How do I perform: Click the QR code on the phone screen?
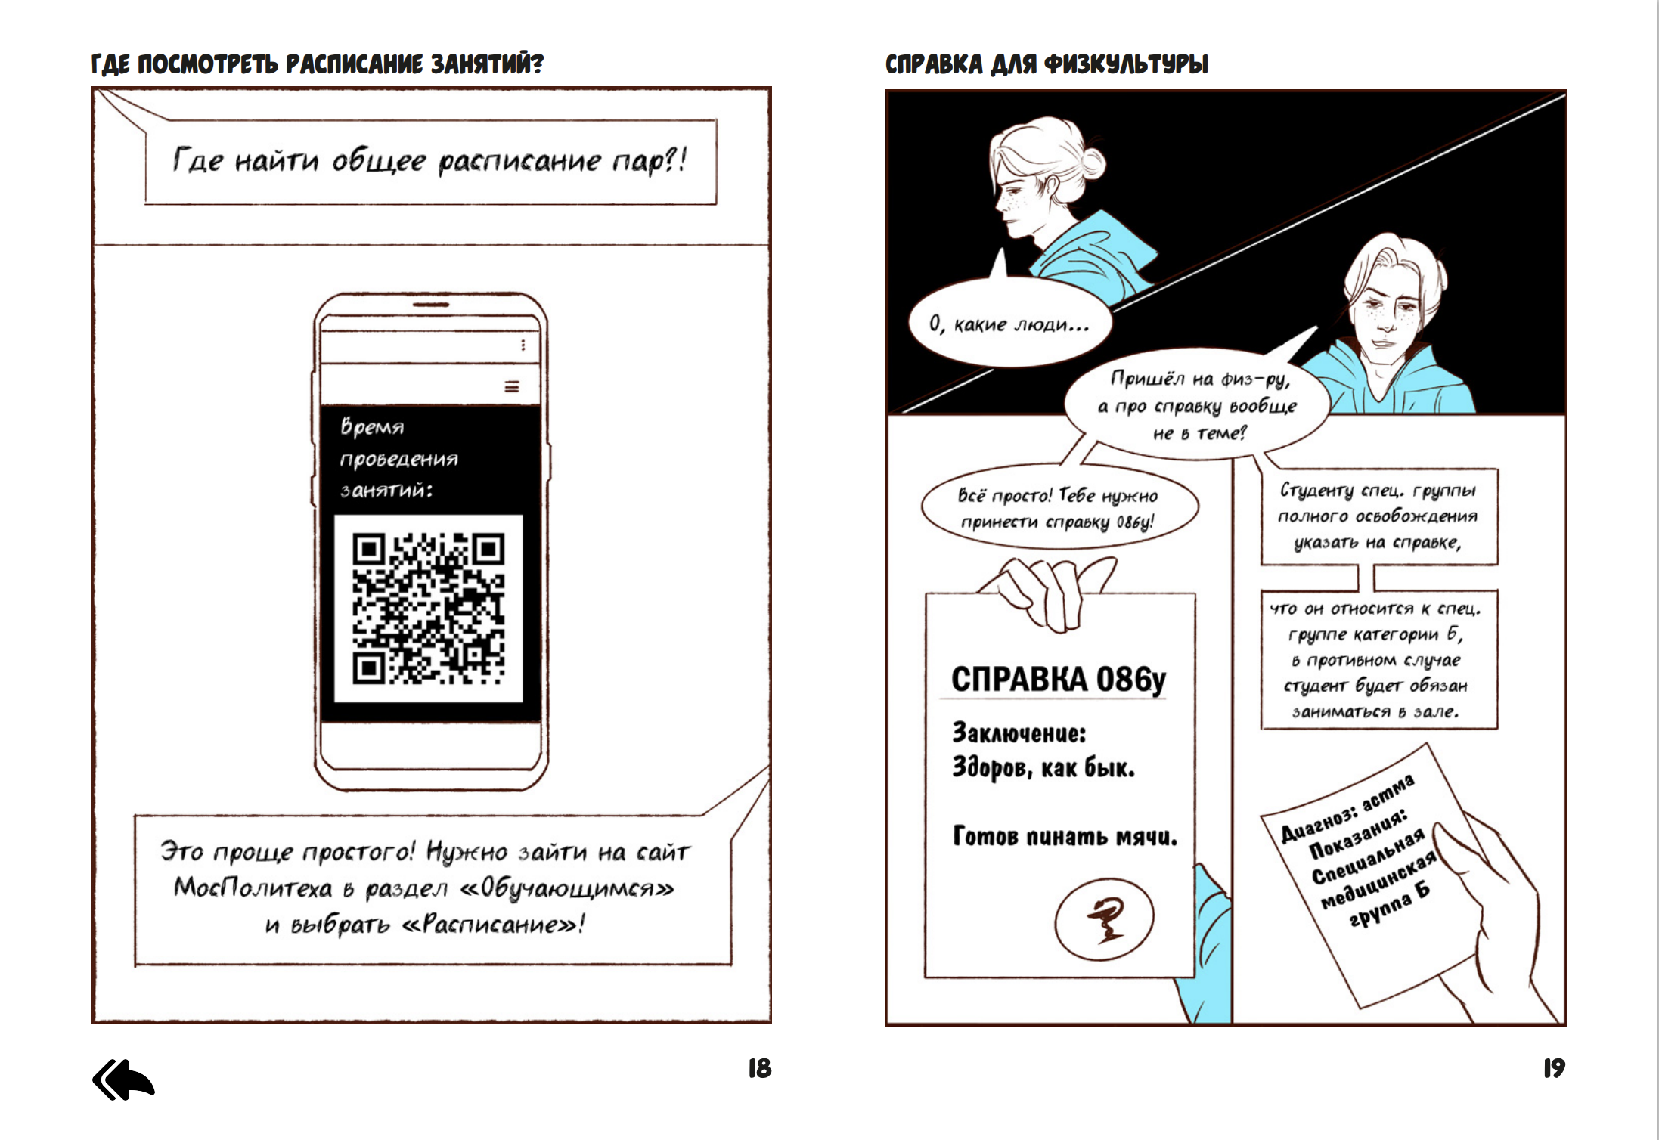[428, 609]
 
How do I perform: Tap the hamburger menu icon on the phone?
[512, 387]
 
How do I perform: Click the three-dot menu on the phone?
[523, 345]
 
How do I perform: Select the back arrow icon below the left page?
[123, 1080]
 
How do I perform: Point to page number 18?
[759, 1068]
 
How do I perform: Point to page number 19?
[1554, 1068]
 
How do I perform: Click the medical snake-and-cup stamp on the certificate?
[1104, 917]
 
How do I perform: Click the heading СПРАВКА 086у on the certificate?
[1058, 679]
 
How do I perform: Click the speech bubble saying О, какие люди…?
[1009, 324]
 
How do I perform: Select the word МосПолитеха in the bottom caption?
[253, 888]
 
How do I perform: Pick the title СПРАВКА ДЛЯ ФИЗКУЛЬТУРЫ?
[1047, 64]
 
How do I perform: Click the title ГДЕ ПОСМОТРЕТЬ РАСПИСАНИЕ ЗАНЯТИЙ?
[317, 64]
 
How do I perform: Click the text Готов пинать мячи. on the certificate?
[1065, 837]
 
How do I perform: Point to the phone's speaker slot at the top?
[431, 305]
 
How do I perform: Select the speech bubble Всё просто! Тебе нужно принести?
[1059, 509]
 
